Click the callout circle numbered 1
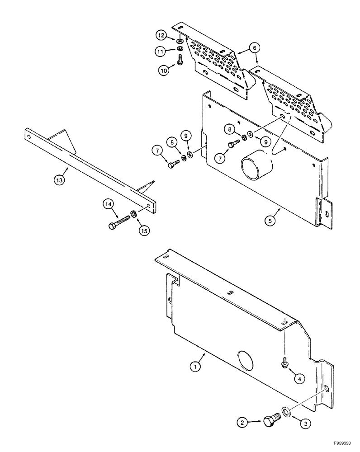pyautogui.click(x=195, y=367)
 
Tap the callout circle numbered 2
pyautogui.click(x=243, y=423)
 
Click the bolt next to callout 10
pyautogui.click(x=180, y=59)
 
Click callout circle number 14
pyautogui.click(x=108, y=205)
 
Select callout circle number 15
pyautogui.click(x=143, y=231)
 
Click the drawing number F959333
pyautogui.click(x=343, y=444)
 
